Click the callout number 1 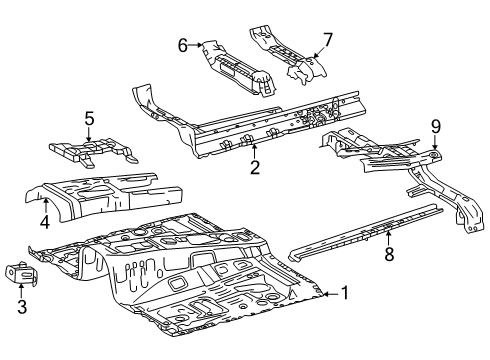coord(345,293)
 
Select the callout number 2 coord(255,167)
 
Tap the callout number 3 coord(22,307)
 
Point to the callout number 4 coord(45,222)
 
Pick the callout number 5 coord(89,118)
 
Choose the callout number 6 coord(183,45)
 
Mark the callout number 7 coord(328,40)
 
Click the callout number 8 coord(389,254)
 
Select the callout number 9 coord(436,127)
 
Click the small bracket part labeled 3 coord(21,273)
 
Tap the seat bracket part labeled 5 coord(93,152)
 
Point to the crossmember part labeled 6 coord(238,68)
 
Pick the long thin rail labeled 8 coord(366,232)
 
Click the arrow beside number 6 coord(195,45)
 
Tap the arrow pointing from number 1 coord(331,294)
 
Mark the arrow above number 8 coord(388,237)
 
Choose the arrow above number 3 coord(21,290)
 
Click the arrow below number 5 coord(89,135)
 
